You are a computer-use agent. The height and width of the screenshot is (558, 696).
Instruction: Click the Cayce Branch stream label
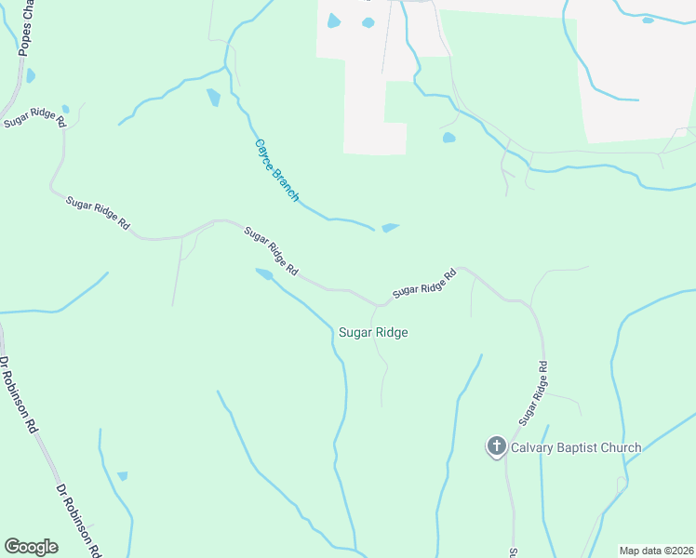tap(277, 170)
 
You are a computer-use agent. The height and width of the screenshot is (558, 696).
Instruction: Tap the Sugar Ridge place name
tap(372, 332)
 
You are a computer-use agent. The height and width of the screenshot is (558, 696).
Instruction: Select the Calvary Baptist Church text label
tap(575, 447)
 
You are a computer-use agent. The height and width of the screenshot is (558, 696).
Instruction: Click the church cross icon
tap(496, 447)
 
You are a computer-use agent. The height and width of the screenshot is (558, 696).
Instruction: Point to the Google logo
tap(31, 547)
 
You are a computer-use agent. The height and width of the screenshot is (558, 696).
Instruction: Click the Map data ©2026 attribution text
tap(655, 550)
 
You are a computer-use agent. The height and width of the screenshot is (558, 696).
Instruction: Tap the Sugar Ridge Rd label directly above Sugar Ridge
tap(424, 284)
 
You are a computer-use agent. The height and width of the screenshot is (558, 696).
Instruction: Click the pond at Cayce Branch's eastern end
tap(390, 227)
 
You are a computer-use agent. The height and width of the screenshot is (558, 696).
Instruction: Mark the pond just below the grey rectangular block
tap(449, 138)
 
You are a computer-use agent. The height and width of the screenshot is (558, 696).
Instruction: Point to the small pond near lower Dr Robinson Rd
tap(122, 476)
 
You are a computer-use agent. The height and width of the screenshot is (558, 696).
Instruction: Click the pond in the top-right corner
tap(648, 20)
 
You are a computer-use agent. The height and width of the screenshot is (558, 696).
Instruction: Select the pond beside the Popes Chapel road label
tap(31, 75)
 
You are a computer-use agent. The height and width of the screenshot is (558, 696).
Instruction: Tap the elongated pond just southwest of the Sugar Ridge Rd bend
tap(265, 273)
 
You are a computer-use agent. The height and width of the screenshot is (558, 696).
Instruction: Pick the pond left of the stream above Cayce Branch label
tap(213, 96)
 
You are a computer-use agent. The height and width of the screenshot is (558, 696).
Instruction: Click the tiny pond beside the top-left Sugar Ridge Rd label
tap(65, 110)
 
